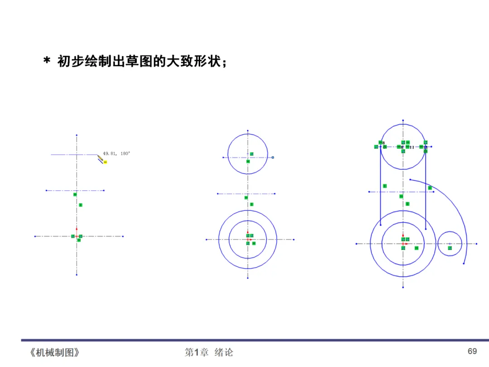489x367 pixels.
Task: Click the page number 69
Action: point(472,352)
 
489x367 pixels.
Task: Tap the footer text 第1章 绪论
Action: point(209,353)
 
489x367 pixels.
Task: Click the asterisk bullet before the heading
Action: point(46,62)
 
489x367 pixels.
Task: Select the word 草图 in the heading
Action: point(133,61)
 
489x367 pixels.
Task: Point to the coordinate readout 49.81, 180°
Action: point(117,154)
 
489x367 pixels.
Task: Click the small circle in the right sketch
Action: point(450,243)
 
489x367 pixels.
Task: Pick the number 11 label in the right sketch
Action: point(412,147)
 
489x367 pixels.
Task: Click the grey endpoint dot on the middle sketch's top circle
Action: point(273,157)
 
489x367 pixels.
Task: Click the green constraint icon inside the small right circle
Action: point(450,248)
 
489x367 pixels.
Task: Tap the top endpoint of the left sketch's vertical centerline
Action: point(77,135)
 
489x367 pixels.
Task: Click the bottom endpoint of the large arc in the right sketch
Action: point(464,263)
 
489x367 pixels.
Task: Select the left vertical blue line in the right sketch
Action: point(380,190)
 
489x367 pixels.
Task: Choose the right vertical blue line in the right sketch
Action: point(426,190)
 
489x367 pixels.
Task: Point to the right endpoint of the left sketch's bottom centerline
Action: point(123,236)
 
